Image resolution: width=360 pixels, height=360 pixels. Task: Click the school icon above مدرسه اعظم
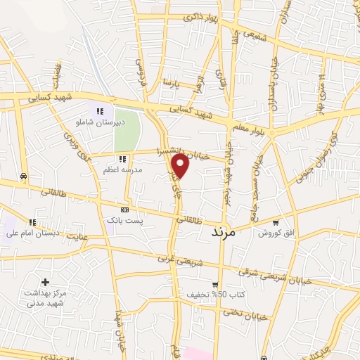point(123,159)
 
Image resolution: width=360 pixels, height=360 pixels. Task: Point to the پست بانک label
point(124,221)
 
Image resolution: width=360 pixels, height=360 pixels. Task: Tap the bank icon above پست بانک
point(125,210)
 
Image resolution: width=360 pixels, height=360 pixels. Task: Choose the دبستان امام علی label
point(32,233)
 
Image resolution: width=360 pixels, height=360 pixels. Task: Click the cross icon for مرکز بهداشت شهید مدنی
point(45,281)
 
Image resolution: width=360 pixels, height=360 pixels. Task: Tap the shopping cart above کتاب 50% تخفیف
point(215,284)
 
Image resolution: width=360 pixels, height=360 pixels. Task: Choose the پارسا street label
point(172,82)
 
